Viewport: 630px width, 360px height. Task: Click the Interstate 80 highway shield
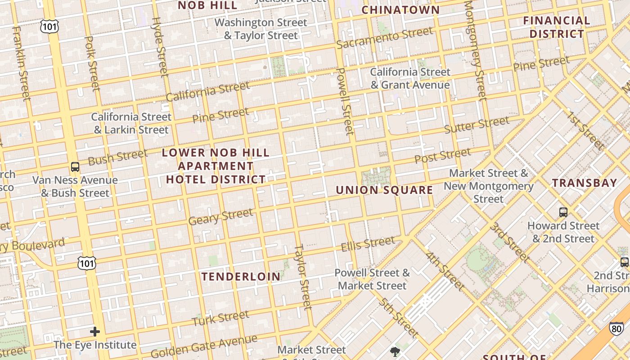(x=616, y=328)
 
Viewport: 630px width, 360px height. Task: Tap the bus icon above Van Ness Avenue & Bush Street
(x=75, y=167)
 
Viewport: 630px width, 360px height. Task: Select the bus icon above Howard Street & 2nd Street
(x=563, y=212)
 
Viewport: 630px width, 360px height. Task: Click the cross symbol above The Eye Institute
(x=95, y=332)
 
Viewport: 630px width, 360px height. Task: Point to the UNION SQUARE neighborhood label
(x=384, y=190)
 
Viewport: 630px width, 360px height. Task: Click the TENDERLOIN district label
(x=241, y=276)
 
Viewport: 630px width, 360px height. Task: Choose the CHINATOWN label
(x=400, y=10)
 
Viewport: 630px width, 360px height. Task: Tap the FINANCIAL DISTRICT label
(x=557, y=27)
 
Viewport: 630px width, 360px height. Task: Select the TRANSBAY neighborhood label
(x=585, y=183)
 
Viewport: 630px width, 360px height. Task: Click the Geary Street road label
(x=220, y=217)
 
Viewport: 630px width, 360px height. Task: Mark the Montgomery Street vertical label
(x=475, y=49)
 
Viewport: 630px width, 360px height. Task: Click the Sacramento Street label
(x=385, y=38)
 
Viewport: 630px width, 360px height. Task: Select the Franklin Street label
(x=21, y=63)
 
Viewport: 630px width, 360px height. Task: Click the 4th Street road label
(x=445, y=271)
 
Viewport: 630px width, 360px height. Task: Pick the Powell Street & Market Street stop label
(x=372, y=279)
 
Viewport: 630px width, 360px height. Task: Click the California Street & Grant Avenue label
(x=410, y=78)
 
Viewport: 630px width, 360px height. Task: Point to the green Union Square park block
(x=376, y=176)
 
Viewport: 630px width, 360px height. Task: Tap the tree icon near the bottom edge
(x=396, y=351)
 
